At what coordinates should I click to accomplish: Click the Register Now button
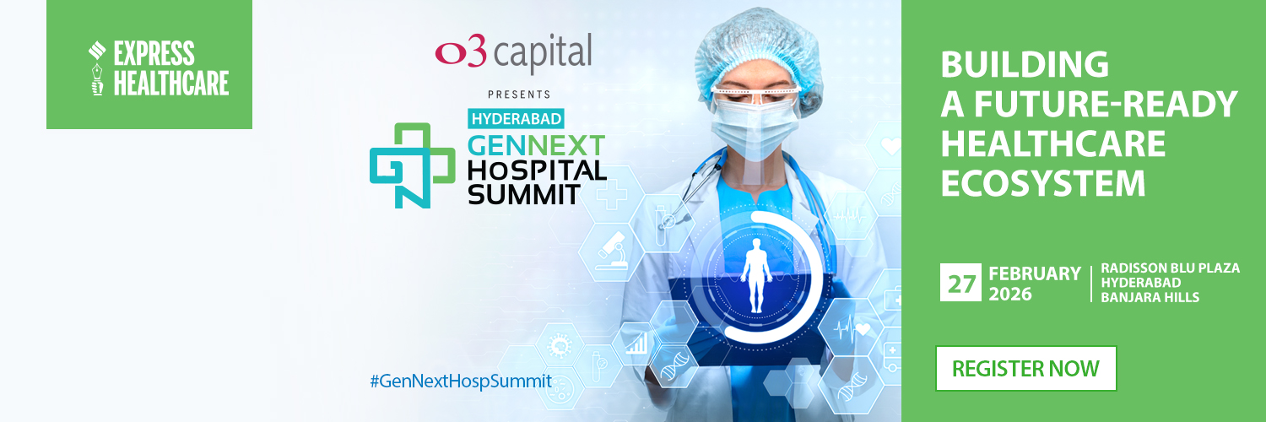click(1025, 368)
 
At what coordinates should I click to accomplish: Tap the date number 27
click(960, 283)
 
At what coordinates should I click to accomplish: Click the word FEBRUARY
click(1034, 273)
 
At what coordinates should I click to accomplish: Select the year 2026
click(1010, 295)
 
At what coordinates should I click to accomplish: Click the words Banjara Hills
click(1150, 297)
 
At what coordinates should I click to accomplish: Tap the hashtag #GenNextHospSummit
click(460, 381)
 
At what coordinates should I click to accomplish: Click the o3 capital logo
click(513, 54)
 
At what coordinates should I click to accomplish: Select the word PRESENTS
click(518, 94)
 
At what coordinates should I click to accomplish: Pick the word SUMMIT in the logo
click(523, 194)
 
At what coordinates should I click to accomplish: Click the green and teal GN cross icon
click(411, 165)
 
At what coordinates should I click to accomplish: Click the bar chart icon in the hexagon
click(636, 341)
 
